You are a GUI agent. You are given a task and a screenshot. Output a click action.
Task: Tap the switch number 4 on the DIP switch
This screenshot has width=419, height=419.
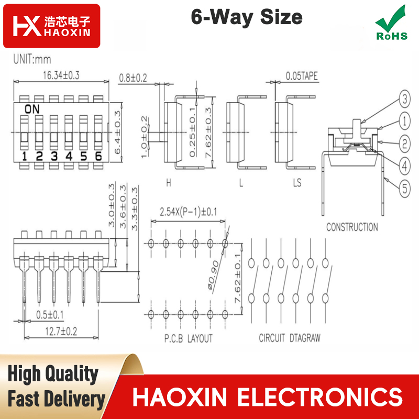tap(69, 156)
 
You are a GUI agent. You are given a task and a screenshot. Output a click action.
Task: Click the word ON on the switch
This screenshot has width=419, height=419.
tap(32, 109)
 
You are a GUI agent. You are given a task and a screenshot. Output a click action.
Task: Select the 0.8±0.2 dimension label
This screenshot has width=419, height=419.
tap(133, 78)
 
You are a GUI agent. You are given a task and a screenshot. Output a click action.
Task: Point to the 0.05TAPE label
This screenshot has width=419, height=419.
tap(302, 76)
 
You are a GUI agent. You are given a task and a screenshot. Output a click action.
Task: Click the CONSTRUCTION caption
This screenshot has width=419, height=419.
tap(352, 227)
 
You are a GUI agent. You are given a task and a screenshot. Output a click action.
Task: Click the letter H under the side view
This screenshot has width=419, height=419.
tap(168, 183)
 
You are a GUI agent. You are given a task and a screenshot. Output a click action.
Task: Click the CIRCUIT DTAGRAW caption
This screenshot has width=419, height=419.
tap(290, 338)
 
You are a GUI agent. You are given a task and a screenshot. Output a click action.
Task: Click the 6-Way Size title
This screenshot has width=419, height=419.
tap(246, 17)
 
